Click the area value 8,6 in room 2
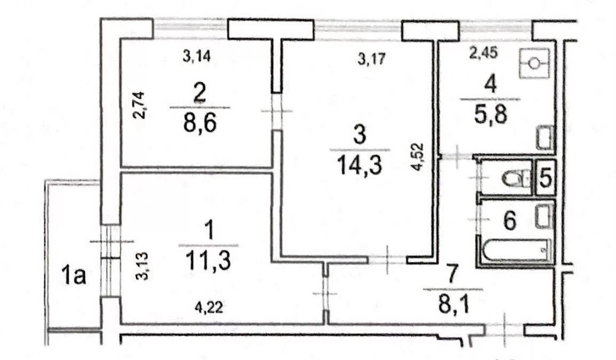(200, 124)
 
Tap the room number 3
(360, 134)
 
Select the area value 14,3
(360, 165)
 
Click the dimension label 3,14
(197, 56)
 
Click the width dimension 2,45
(484, 52)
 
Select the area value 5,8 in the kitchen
(490, 115)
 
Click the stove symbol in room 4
(534, 63)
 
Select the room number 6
(510, 221)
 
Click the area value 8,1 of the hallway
(454, 306)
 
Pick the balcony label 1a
(74, 275)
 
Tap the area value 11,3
(208, 261)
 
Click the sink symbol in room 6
(544, 217)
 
